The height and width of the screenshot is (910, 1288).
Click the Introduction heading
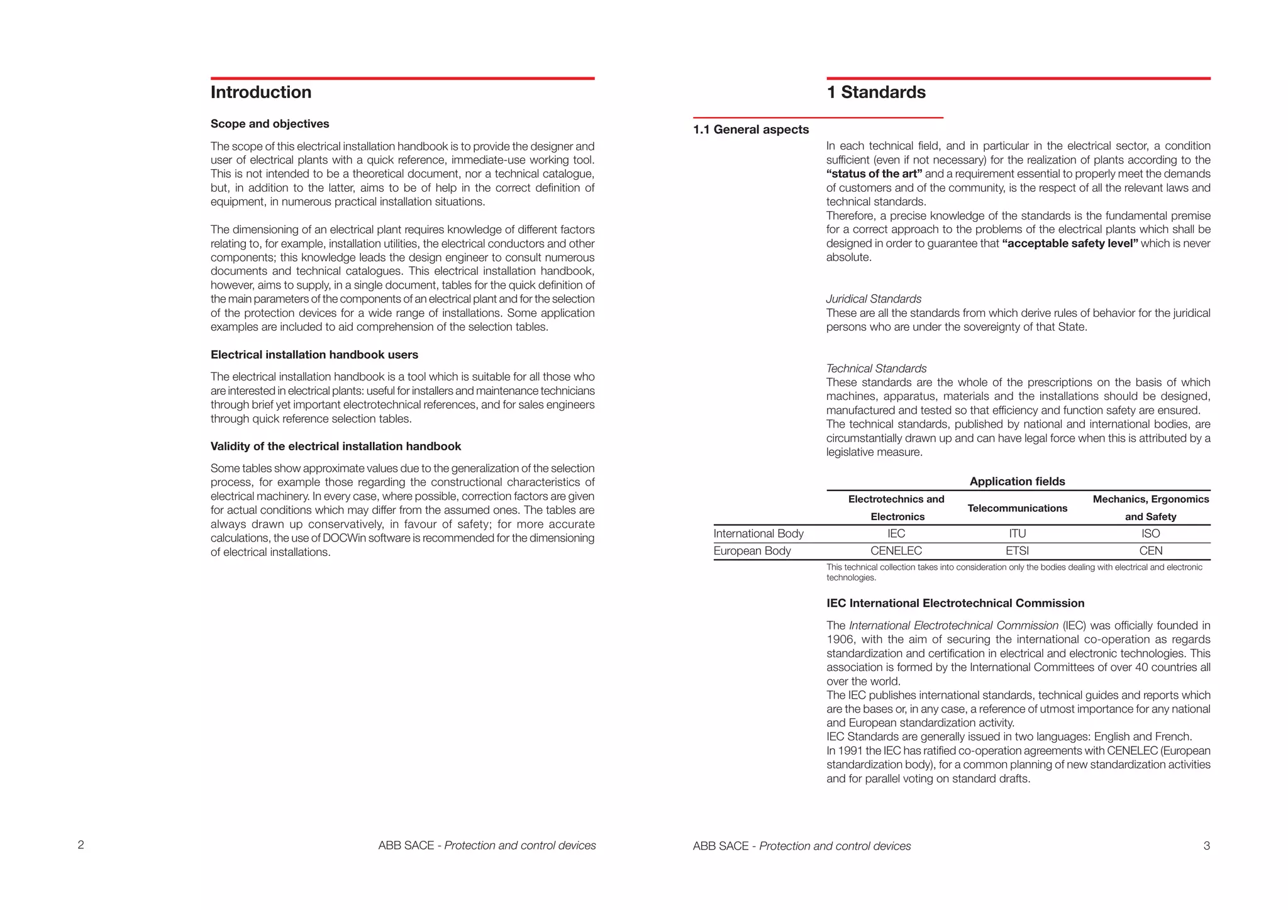tap(260, 92)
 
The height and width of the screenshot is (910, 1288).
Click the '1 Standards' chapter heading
tap(875, 92)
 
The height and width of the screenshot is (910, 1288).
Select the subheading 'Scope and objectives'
tap(270, 124)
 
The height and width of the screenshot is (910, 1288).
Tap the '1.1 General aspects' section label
tap(751, 130)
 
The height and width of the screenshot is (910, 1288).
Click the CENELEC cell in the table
tap(896, 551)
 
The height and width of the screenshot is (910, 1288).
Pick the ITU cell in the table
tap(1017, 534)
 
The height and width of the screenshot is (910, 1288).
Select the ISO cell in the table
tap(1150, 534)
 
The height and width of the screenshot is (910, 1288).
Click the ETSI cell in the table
tap(1017, 551)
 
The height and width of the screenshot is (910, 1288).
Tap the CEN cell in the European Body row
tap(1150, 551)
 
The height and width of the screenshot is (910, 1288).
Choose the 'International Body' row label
tap(758, 534)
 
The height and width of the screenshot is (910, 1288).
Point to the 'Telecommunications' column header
tap(1017, 508)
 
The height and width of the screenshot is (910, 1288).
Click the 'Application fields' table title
tap(1017, 482)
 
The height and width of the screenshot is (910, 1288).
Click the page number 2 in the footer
tap(80, 845)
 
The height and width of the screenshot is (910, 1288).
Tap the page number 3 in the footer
tap(1206, 846)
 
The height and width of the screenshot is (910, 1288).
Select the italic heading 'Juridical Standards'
tap(874, 299)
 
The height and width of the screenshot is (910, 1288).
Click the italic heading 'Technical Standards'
tap(876, 369)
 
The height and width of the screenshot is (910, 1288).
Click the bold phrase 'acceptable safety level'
tap(1070, 243)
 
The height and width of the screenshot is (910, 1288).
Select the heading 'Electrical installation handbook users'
tap(314, 355)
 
